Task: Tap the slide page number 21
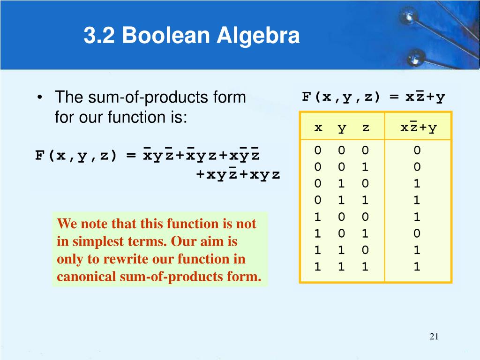pyautogui.click(x=434, y=337)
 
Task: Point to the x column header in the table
pyautogui.click(x=318, y=127)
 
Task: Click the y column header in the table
pyautogui.click(x=342, y=127)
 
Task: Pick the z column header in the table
pyautogui.click(x=365, y=127)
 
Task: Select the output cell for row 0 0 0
pyautogui.click(x=417, y=150)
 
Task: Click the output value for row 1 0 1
pyautogui.click(x=417, y=233)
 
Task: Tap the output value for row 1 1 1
pyautogui.click(x=417, y=267)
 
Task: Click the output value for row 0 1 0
pyautogui.click(x=417, y=184)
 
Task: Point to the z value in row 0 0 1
pyautogui.click(x=365, y=167)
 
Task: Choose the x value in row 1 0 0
pyautogui.click(x=318, y=217)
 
